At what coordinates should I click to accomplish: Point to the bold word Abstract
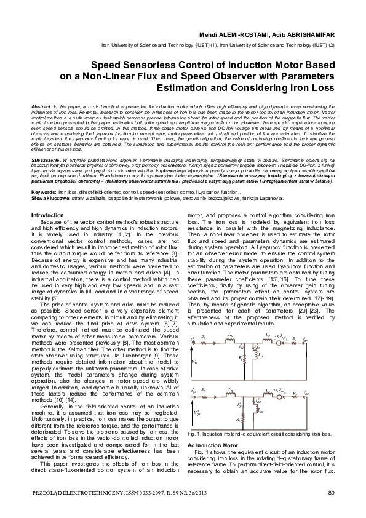41,107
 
